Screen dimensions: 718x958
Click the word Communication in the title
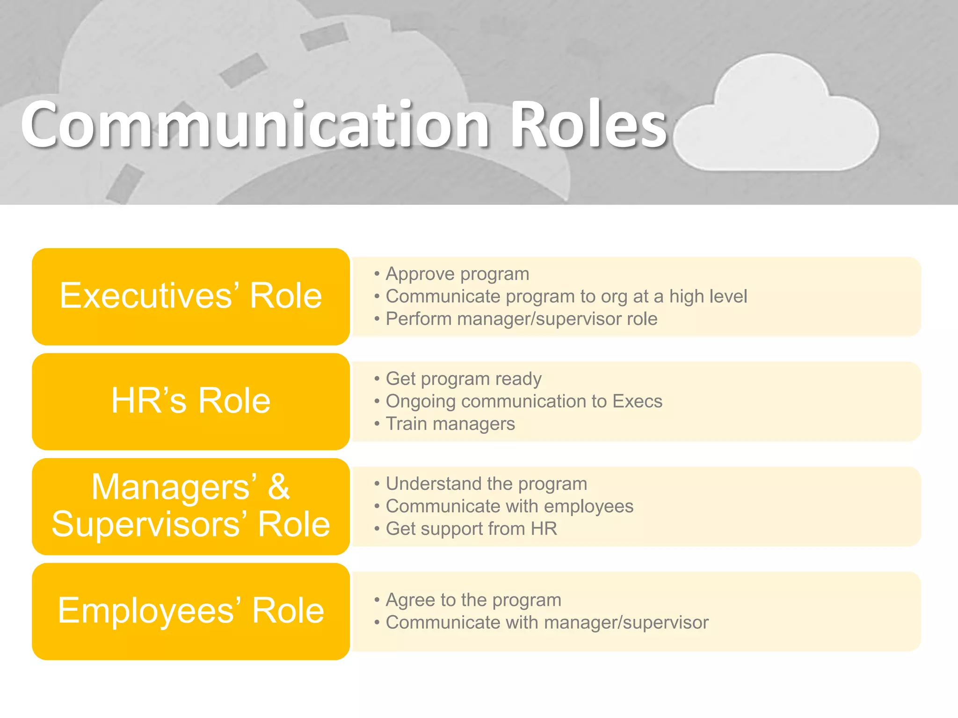pyautogui.click(x=255, y=125)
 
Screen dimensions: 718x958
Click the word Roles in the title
pyautogui.click(x=588, y=125)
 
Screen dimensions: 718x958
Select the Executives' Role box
pyautogui.click(x=191, y=296)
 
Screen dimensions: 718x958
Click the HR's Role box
pyautogui.click(x=191, y=401)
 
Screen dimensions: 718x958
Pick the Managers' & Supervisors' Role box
pyautogui.click(x=191, y=506)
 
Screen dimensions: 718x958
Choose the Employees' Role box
pyautogui.click(x=191, y=611)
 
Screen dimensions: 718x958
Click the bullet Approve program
pyautogui.click(x=457, y=274)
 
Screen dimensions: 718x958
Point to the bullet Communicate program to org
pyautogui.click(x=566, y=296)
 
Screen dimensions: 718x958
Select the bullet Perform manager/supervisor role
pyautogui.click(x=521, y=319)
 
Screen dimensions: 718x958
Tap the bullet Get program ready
pyautogui.click(x=463, y=379)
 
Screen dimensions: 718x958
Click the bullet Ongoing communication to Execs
pyautogui.click(x=524, y=401)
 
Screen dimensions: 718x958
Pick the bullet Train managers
pyautogui.click(x=450, y=424)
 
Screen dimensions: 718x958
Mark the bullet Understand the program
pyautogui.click(x=486, y=484)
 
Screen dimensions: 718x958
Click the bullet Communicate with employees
pyautogui.click(x=509, y=506)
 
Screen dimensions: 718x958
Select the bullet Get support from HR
pyautogui.click(x=471, y=529)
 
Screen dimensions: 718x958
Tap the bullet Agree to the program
pyautogui.click(x=473, y=600)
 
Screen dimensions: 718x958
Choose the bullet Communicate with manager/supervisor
pyautogui.click(x=547, y=623)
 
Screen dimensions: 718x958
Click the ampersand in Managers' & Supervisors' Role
pyautogui.click(x=279, y=487)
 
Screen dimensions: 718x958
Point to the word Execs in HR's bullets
pyautogui.click(x=637, y=401)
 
